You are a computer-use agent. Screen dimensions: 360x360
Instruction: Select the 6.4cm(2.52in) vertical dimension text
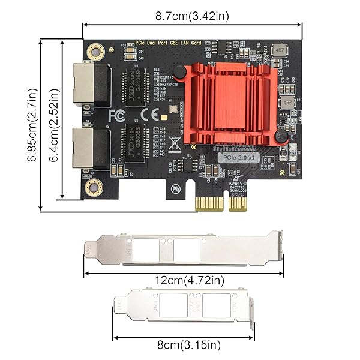click(55, 125)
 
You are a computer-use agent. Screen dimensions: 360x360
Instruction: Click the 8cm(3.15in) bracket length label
click(184, 344)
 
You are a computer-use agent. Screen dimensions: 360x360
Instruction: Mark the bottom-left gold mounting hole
click(92, 190)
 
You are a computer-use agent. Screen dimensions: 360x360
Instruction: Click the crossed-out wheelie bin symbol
click(173, 144)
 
